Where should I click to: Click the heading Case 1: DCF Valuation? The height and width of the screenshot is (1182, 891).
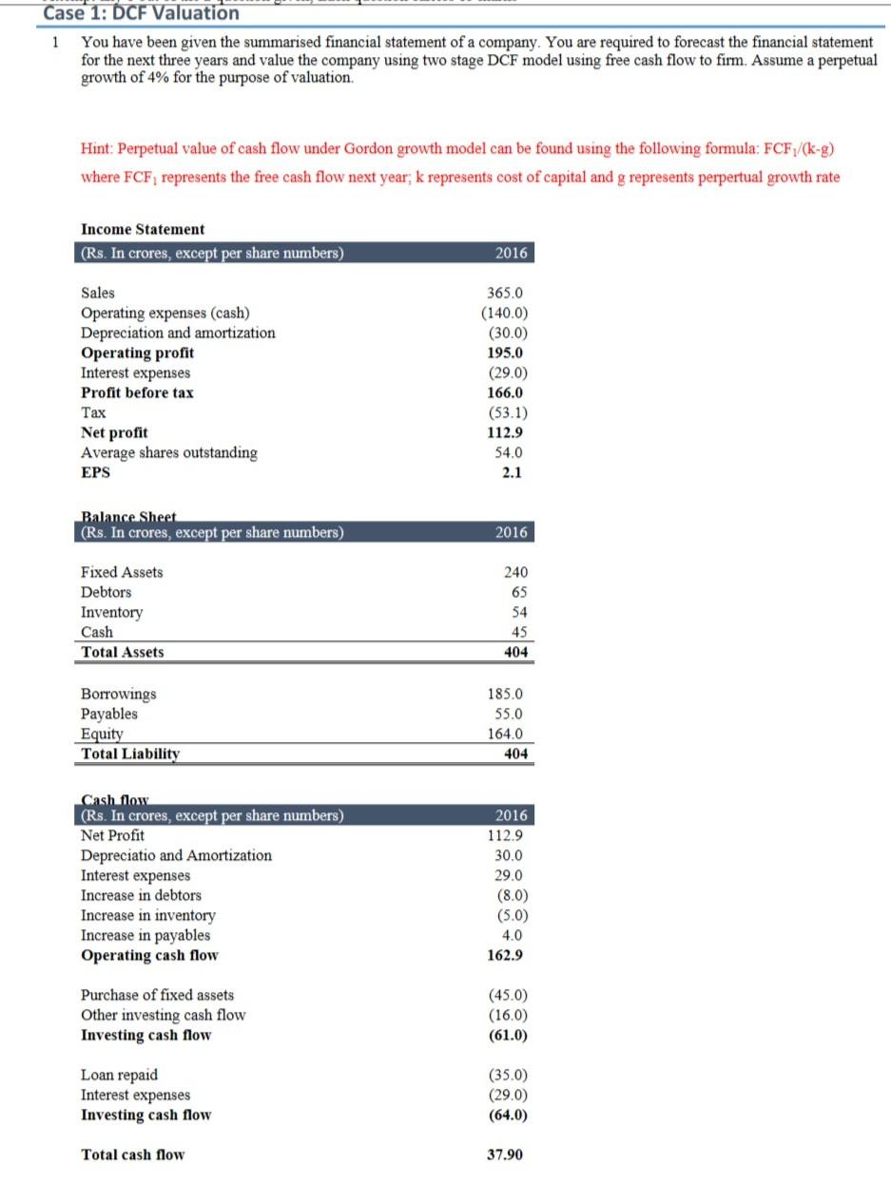[x=143, y=13]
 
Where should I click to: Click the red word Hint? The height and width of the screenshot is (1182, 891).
[x=99, y=149]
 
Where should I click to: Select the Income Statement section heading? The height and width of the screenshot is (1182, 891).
[x=143, y=229]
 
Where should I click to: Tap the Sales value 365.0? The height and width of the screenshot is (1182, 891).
[x=507, y=293]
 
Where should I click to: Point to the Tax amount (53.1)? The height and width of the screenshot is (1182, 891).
[x=507, y=412]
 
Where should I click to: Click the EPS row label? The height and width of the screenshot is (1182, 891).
[x=95, y=472]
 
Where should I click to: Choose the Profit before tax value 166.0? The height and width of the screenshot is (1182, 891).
[x=506, y=392]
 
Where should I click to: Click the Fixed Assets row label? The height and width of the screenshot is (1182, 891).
[x=122, y=572]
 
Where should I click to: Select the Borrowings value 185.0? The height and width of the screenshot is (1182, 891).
[x=506, y=695]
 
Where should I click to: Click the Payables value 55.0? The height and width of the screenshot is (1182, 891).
[x=509, y=714]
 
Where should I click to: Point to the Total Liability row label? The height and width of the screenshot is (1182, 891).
[x=130, y=754]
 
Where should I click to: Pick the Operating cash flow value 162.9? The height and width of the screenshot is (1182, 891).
[x=506, y=956]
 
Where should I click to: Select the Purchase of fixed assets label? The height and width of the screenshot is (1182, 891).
[x=157, y=995]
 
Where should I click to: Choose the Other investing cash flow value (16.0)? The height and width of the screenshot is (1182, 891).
[x=507, y=1015]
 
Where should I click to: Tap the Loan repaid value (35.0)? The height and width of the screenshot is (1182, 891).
[x=507, y=1076]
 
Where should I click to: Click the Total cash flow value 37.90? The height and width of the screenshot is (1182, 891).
[x=504, y=1155]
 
